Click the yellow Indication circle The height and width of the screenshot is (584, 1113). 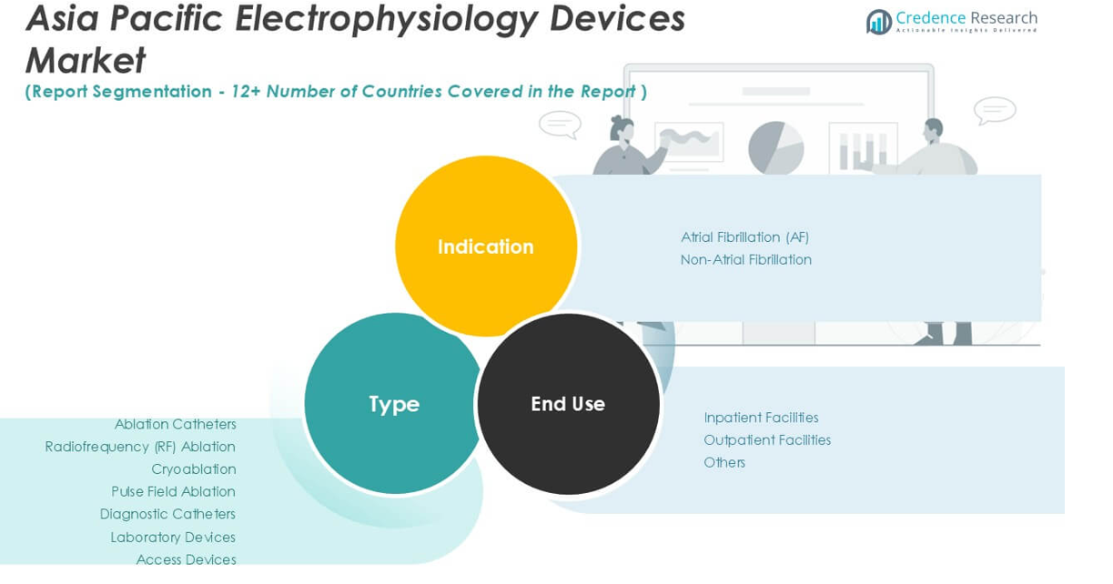click(x=486, y=247)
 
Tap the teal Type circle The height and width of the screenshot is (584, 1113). click(x=394, y=403)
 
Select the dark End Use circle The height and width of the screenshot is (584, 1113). click(x=568, y=404)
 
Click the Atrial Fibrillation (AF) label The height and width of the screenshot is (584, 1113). click(x=744, y=237)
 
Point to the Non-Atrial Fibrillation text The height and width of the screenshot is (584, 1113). click(x=746, y=260)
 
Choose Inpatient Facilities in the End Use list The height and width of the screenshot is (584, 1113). click(x=761, y=418)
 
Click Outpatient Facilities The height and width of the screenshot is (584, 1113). click(x=767, y=440)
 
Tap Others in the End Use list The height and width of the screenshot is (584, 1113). click(x=724, y=462)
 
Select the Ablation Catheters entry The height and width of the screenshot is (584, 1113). click(x=176, y=424)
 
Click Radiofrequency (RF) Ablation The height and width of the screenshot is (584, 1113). click(x=140, y=447)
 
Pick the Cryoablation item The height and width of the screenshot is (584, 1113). click(x=194, y=469)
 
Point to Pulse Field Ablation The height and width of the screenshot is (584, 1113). click(x=174, y=491)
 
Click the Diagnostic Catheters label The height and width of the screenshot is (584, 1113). click(x=167, y=514)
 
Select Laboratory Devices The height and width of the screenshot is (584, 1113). click(x=173, y=538)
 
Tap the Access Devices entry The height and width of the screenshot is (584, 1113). click(x=187, y=559)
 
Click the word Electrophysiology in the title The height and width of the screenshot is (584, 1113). click(x=386, y=20)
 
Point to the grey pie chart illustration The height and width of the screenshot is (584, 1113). click(x=776, y=148)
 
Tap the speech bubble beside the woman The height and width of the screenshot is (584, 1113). click(x=561, y=124)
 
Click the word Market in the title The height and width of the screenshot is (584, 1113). click(x=86, y=61)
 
